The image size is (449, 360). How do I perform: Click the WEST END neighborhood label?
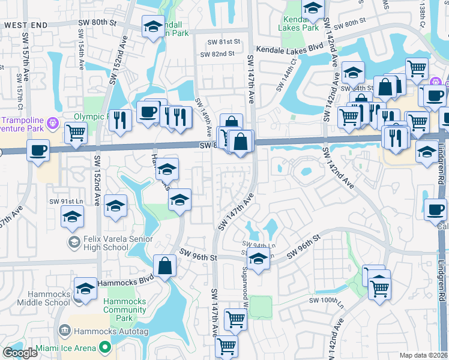[25, 25]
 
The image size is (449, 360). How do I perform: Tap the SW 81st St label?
[223, 42]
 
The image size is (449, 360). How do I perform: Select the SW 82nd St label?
[217, 54]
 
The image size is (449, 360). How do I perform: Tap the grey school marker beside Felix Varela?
[74, 242]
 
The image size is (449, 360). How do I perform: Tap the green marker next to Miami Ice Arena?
[106, 347]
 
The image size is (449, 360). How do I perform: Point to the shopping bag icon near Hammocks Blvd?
[164, 266]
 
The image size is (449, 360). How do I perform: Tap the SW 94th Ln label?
[259, 245]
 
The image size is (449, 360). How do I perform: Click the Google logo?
[20, 353]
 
